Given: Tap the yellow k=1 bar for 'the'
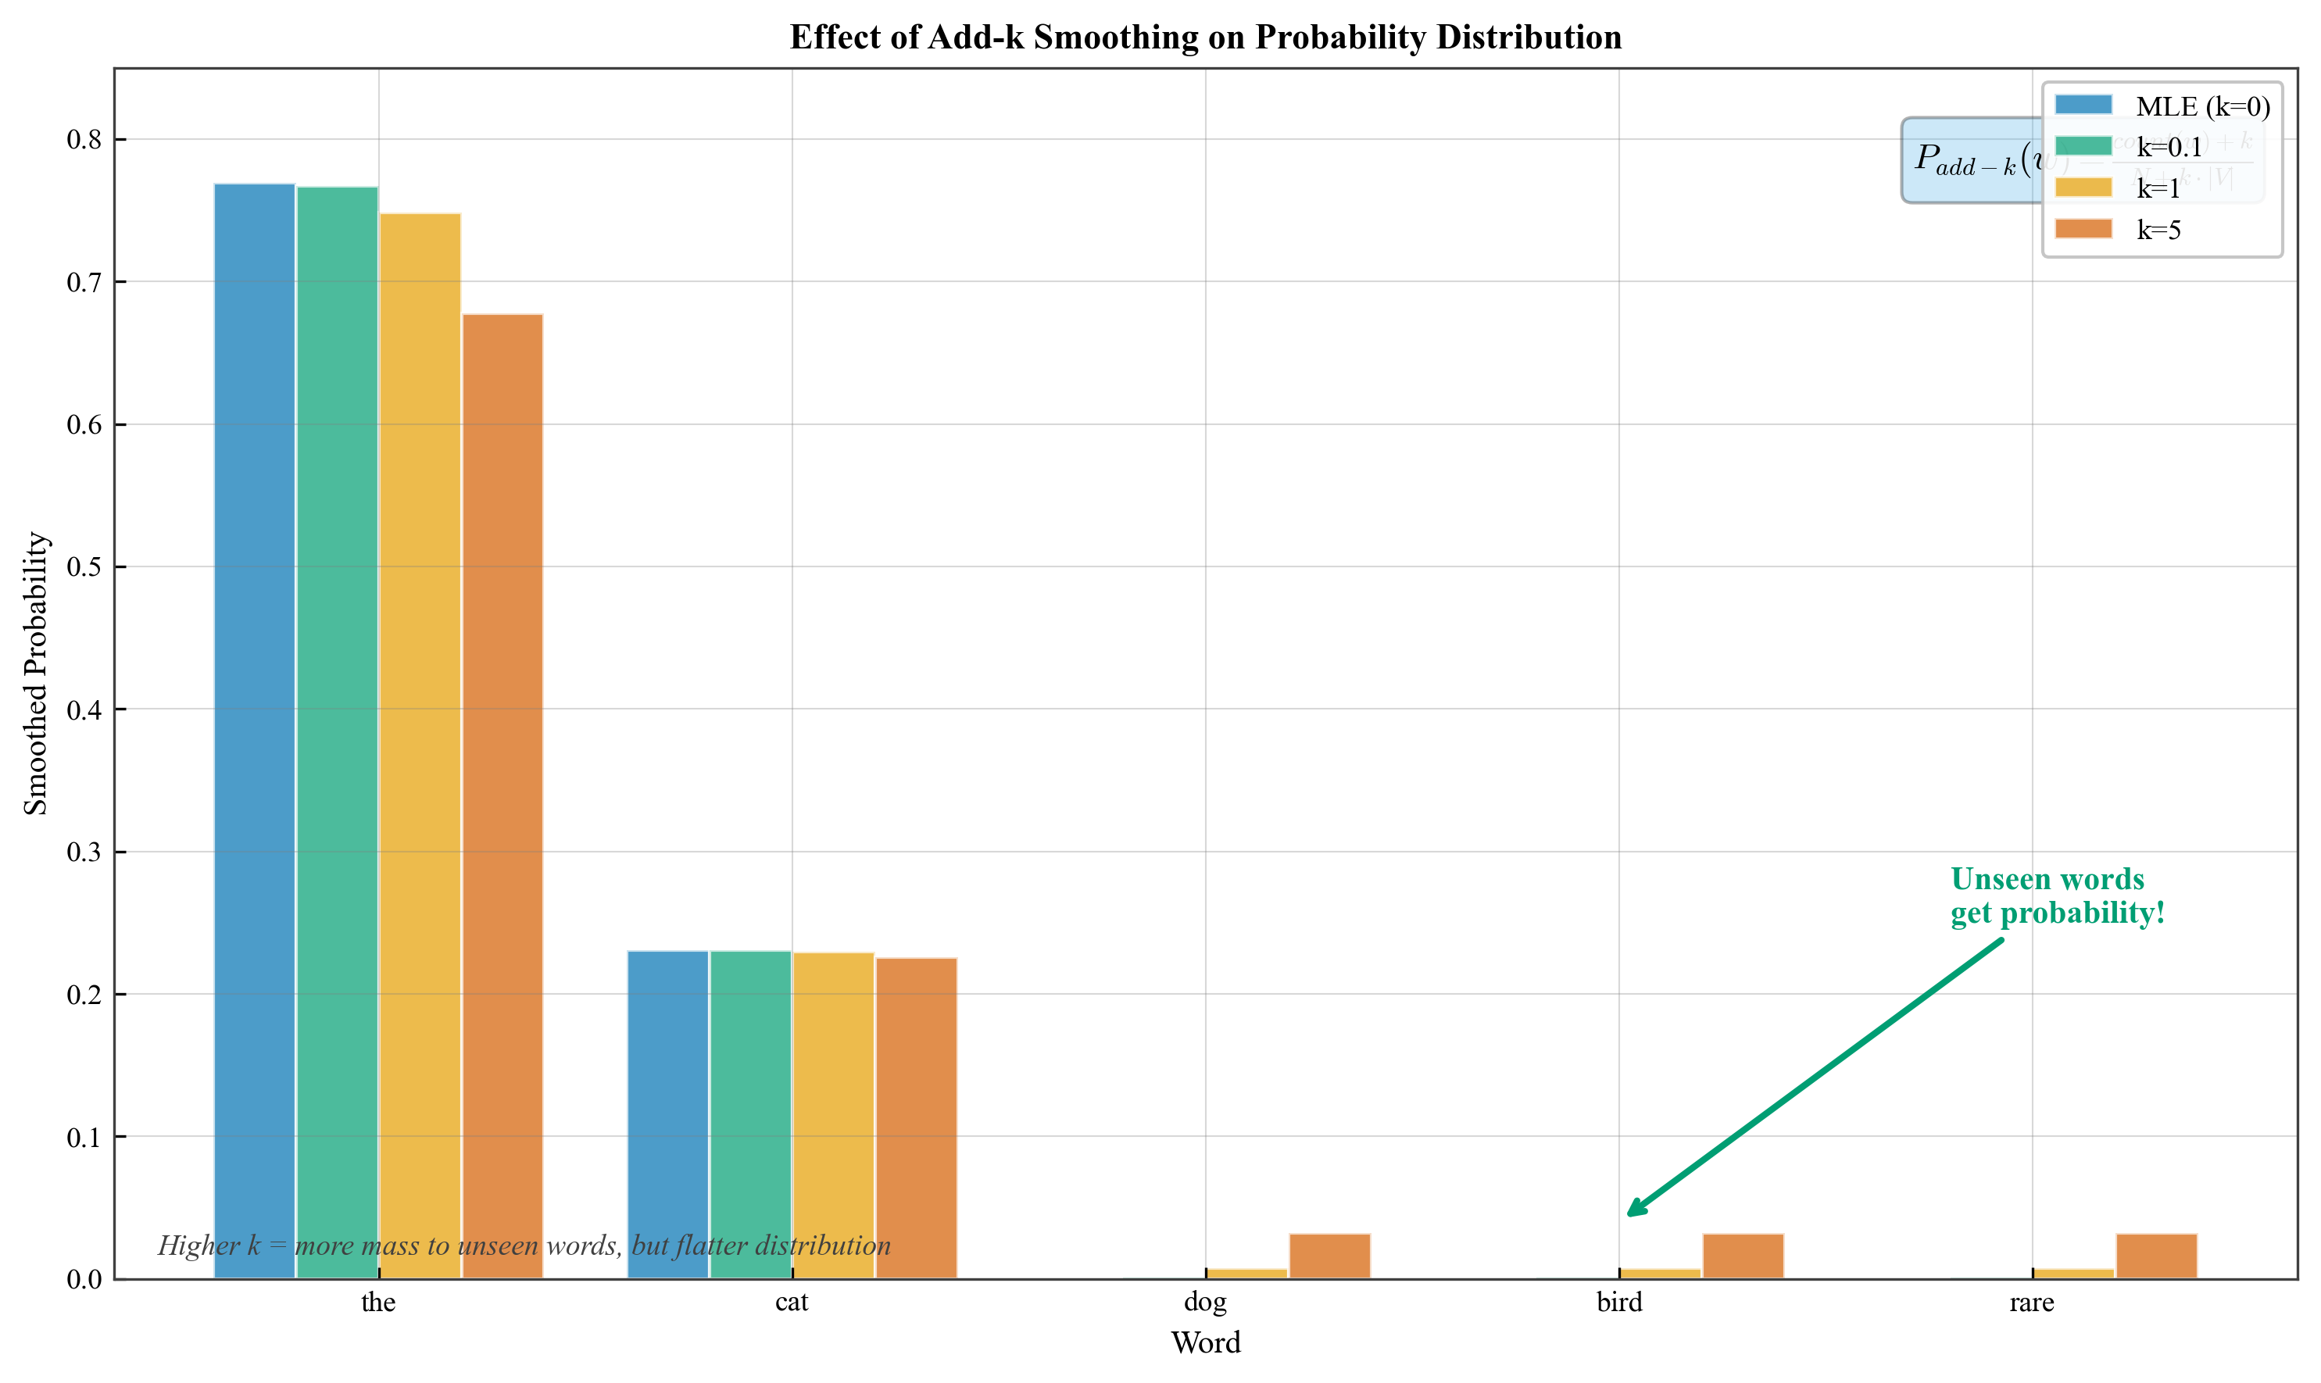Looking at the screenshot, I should (420, 745).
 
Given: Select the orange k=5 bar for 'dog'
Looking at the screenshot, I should (1329, 1256).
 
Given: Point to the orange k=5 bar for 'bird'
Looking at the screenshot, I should (1743, 1256).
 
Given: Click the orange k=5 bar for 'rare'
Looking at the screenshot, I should (2156, 1256).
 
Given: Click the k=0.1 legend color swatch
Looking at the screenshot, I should (2083, 146).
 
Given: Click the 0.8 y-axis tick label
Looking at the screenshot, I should (84, 140).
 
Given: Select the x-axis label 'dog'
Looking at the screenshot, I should (1205, 1302).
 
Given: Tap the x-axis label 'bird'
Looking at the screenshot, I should (1619, 1302).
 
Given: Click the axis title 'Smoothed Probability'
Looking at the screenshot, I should (35, 674).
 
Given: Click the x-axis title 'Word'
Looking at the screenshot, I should (1205, 1343).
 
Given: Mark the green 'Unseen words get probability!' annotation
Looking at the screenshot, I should (2057, 895).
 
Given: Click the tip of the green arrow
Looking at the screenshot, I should (1629, 1215).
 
